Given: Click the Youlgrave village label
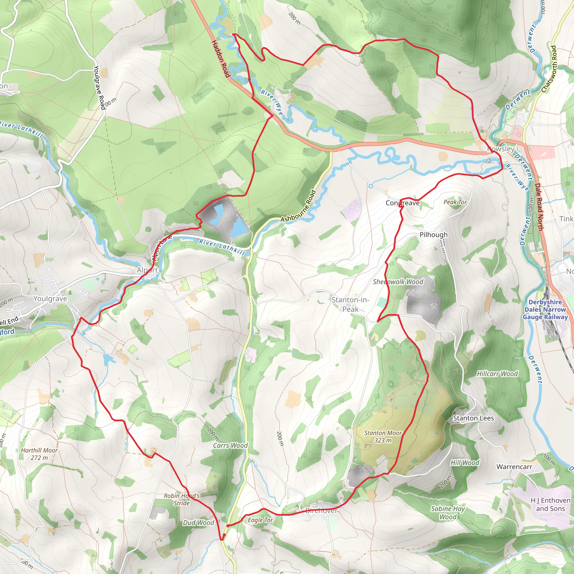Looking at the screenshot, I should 50,298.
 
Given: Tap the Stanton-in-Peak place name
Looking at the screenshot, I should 350,305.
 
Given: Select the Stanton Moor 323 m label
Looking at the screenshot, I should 383,436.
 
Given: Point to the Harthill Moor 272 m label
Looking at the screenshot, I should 39,454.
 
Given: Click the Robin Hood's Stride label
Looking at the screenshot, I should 182,499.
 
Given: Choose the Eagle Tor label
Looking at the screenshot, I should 260,520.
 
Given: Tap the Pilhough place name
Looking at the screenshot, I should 433,235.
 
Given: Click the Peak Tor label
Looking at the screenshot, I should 455,202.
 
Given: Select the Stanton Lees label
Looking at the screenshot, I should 473,418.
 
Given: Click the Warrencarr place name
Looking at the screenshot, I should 514,467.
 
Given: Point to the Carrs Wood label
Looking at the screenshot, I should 230,445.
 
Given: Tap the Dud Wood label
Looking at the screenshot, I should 198,523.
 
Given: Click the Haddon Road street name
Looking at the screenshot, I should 221,59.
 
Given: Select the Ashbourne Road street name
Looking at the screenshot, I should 298,206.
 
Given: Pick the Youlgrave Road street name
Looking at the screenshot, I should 99,87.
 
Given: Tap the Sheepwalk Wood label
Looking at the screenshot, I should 398,282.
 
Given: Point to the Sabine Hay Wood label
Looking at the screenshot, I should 448,513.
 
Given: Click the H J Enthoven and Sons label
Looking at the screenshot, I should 550,504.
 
